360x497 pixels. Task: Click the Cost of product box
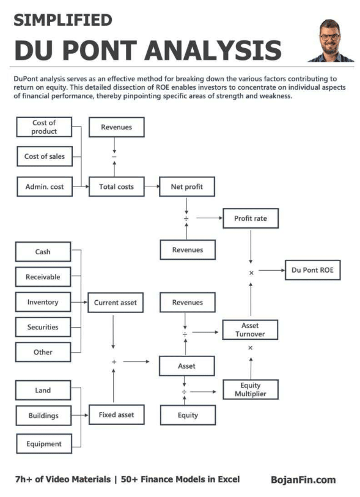44,127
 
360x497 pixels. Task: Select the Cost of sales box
44,156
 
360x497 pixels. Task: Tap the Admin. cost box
44,186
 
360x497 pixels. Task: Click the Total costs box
116,186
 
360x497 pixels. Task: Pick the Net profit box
187,186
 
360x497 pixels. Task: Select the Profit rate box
250,218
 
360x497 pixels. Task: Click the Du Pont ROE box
312,270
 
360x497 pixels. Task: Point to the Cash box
43,252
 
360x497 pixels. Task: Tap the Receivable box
43,277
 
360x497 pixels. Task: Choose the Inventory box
43,302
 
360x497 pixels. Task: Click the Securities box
43,327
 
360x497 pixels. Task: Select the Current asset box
116,303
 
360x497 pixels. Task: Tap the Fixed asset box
116,414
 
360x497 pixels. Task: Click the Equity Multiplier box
250,389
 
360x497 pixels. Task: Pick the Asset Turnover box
250,330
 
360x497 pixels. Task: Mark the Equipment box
43,444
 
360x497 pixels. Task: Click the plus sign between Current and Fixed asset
114,362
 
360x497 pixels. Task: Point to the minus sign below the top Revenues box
114,157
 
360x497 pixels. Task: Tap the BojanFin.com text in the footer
303,480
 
